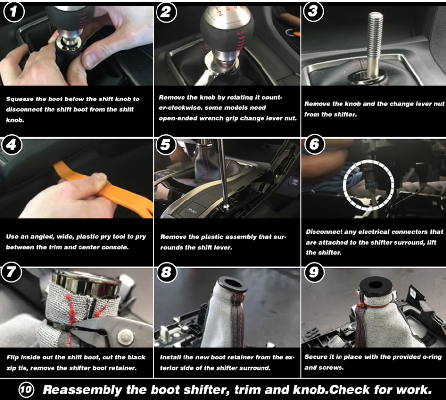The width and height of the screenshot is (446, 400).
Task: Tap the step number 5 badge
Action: [x=166, y=145]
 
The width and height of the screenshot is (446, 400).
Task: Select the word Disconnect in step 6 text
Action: [x=325, y=232]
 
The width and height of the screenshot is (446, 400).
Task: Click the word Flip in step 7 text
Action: [x=13, y=357]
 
